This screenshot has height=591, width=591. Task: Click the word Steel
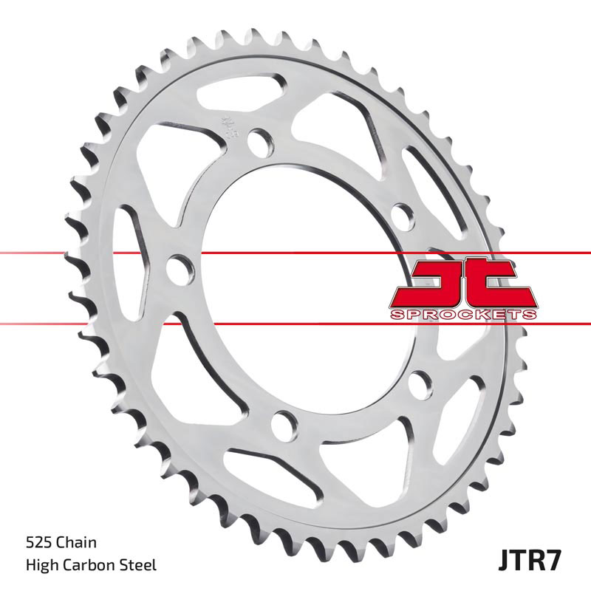click(x=138, y=566)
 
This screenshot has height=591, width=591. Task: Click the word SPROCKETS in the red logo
click(x=463, y=315)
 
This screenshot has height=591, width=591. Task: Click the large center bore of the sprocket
click(x=295, y=281)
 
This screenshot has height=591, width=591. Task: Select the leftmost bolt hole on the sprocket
click(x=177, y=268)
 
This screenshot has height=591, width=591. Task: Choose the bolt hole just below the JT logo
click(x=420, y=383)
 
